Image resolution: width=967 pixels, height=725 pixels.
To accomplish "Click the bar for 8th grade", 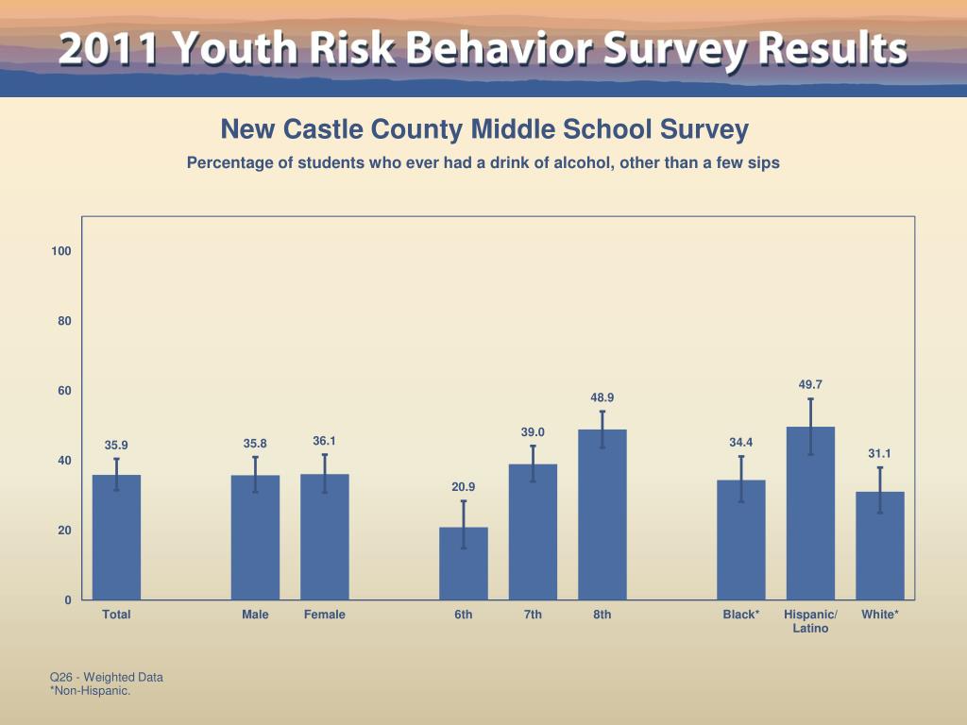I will [602, 514].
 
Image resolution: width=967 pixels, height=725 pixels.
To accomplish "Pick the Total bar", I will [116, 537].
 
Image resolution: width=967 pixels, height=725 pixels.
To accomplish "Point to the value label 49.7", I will [810, 384].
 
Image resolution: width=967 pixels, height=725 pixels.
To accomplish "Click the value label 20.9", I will [464, 487].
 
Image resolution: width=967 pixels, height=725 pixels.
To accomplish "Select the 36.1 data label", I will [325, 441].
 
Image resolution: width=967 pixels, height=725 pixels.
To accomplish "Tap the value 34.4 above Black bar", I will [741, 442].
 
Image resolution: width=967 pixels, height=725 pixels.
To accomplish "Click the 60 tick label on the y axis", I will [62, 391].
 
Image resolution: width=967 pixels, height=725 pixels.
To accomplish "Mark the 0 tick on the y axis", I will [68, 600].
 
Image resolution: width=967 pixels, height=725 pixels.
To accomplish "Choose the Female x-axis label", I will [325, 615].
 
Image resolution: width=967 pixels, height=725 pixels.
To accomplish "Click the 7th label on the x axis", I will [533, 615].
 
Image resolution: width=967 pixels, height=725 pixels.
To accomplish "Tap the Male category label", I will [255, 615].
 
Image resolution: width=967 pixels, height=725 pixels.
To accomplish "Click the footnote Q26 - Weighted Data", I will [106, 677].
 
